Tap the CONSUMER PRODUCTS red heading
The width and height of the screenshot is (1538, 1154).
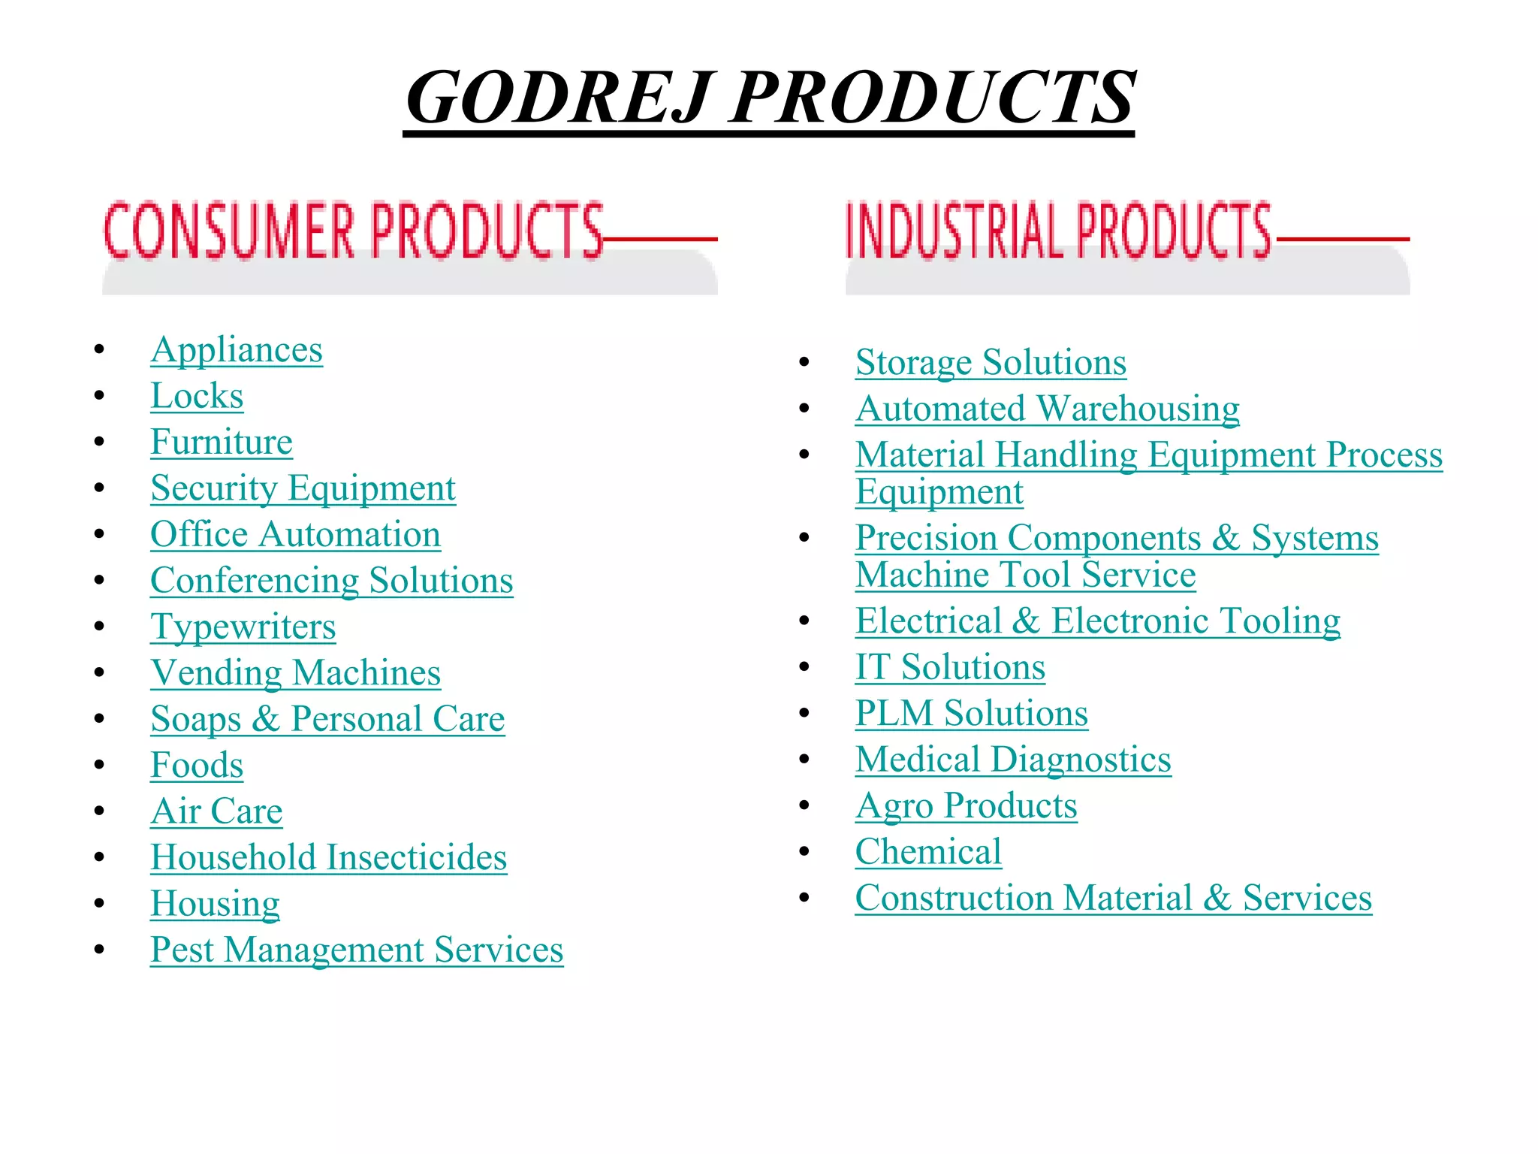[x=353, y=231]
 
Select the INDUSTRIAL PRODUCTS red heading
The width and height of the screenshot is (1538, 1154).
[x=1057, y=231]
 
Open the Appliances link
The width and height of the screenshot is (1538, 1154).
[x=237, y=350]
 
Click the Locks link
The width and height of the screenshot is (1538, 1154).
[x=197, y=396]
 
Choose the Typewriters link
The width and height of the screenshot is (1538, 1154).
[x=243, y=627]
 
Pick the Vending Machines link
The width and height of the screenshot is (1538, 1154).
[x=295, y=672]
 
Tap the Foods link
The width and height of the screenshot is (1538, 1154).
[x=197, y=765]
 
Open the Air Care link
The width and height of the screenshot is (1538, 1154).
[x=216, y=811]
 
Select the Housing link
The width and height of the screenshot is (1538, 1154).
[x=215, y=903]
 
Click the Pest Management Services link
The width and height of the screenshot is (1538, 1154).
[x=357, y=950]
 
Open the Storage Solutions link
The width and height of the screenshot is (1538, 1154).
[x=991, y=363]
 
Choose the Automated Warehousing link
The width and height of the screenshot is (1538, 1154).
[x=1047, y=409]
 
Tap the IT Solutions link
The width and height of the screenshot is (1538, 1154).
[x=950, y=667]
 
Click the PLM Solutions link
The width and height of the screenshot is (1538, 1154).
[x=971, y=713]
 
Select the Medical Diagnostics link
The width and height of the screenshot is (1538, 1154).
[x=1013, y=760]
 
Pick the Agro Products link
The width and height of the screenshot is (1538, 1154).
[x=966, y=805]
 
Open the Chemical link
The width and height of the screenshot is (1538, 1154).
[x=928, y=852]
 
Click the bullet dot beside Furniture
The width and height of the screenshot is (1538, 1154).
[x=99, y=442]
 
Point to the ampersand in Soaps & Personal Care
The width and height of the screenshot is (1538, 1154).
[x=266, y=719]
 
